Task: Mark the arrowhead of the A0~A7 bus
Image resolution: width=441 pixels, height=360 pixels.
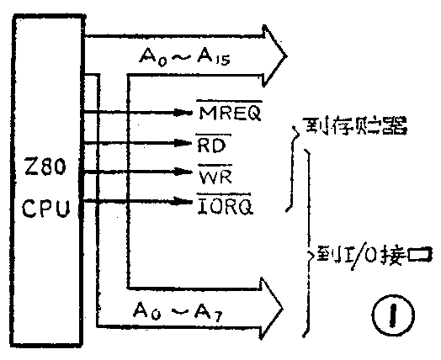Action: [x=274, y=300]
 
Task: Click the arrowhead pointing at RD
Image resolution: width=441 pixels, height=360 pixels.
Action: [x=187, y=143]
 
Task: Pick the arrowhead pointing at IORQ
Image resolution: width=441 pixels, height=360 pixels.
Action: [x=187, y=202]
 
